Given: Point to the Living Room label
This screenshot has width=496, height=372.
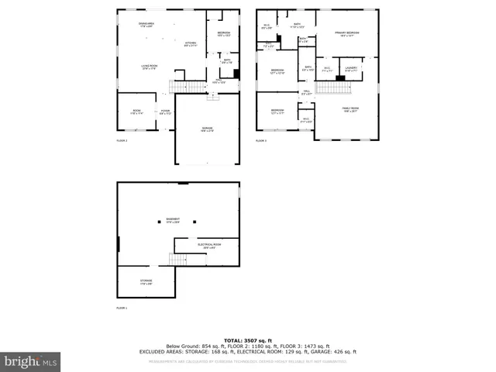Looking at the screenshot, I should coord(150,67).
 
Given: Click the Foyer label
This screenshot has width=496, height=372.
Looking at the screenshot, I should coord(165,112).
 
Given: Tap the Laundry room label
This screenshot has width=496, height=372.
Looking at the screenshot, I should coord(350,70).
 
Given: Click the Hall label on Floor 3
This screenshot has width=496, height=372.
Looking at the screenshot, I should coord(307,93).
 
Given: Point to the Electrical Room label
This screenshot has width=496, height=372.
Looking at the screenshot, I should coord(210,246).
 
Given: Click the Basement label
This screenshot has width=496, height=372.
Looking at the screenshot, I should coord(173,220).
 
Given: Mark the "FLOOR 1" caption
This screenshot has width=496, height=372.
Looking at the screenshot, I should coord(122,308).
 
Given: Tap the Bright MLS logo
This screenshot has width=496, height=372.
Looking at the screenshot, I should coord(31,361).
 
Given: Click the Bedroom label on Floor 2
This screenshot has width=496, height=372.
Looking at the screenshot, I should coord(224,33).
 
